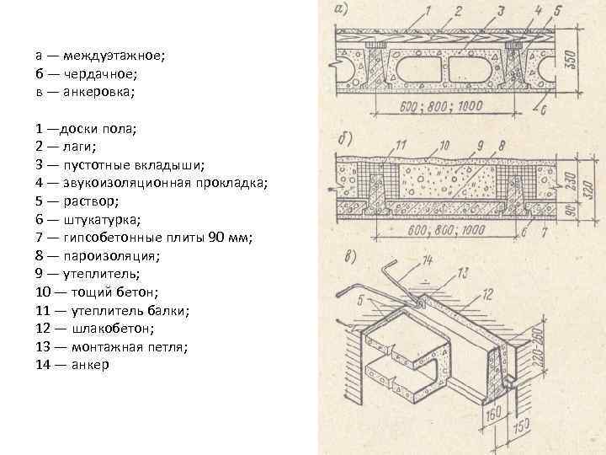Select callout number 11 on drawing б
401,145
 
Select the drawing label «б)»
344,138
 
